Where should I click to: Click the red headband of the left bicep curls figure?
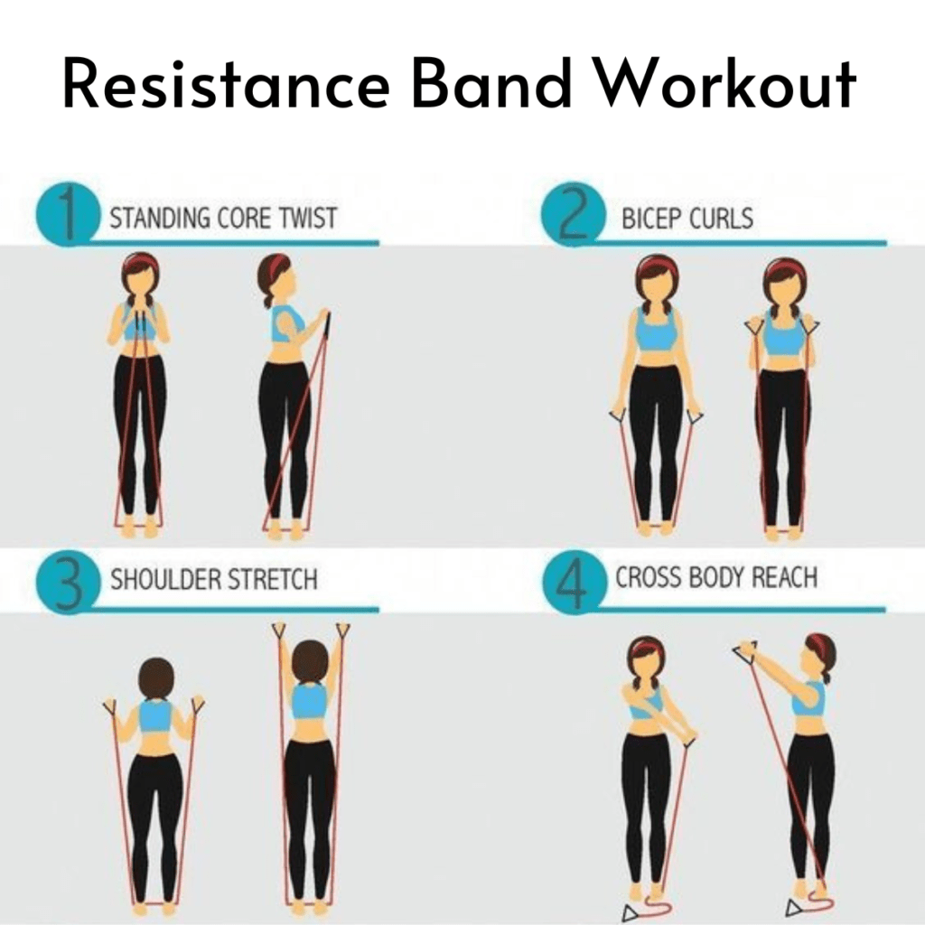656,266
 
